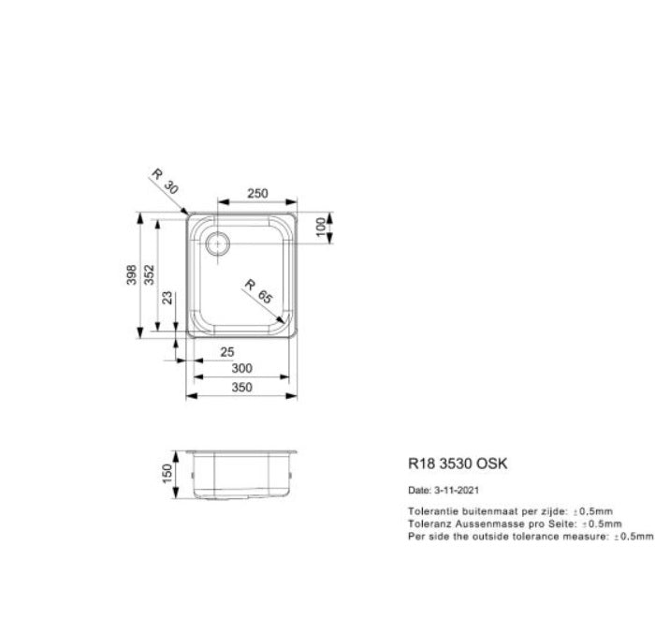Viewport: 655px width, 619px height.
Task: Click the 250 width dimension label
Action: (x=257, y=194)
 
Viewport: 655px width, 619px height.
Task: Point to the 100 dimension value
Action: (x=321, y=228)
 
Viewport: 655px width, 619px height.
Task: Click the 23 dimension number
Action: (x=167, y=300)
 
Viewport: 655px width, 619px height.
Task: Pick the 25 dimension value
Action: (x=226, y=352)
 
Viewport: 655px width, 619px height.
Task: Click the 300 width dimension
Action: (x=241, y=369)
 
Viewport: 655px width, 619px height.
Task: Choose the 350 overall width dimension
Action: (x=241, y=387)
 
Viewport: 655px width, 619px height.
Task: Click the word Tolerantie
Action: (x=432, y=511)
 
